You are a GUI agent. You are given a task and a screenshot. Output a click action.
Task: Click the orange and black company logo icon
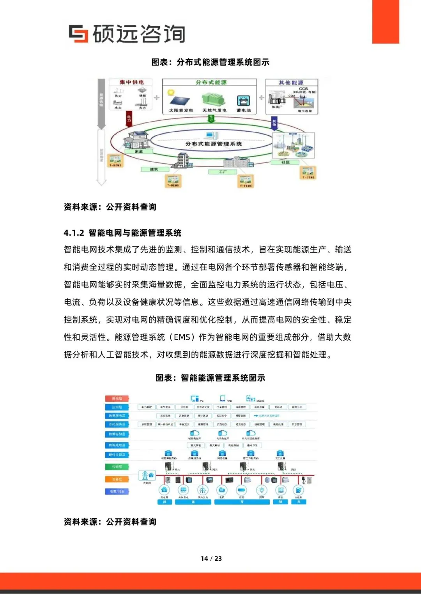[78, 34]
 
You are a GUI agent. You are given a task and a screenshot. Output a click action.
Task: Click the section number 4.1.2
[74, 233]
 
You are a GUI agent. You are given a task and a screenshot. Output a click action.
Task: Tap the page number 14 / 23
[211, 558]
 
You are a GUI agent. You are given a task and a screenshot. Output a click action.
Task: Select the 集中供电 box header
[132, 82]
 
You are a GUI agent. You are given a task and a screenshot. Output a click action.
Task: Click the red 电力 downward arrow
[129, 118]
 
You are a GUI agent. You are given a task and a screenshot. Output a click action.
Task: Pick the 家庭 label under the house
[138, 151]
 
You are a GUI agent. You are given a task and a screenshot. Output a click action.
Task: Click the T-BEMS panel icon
[173, 181]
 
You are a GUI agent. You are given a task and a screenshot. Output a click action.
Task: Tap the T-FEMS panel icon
[246, 181]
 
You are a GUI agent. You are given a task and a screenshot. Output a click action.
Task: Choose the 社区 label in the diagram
[285, 162]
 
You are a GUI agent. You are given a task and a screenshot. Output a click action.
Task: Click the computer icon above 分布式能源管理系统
[211, 135]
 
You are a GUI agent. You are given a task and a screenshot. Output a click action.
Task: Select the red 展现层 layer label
[117, 398]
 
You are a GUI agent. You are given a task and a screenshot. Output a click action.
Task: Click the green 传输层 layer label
[117, 466]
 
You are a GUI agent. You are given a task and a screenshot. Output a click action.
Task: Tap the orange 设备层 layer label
[117, 479]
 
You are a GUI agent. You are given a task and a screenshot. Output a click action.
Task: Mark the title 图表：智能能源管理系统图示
[210, 378]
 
